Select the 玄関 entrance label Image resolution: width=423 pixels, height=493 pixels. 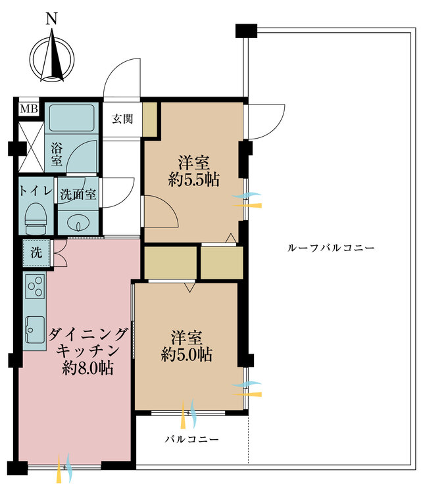pos(122,119)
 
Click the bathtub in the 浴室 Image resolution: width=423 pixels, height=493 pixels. pos(72,118)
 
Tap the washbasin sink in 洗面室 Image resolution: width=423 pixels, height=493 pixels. pos(78,222)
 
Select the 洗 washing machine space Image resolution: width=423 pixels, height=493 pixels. pos(36,252)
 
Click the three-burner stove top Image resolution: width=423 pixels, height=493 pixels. pos(35,287)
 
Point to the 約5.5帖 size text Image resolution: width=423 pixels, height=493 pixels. pos(193,179)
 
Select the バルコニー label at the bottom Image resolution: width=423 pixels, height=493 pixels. pos(191,439)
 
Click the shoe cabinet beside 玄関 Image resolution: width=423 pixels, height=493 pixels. pos(150,119)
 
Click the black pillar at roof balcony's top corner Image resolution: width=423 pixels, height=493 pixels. pos(245,30)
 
